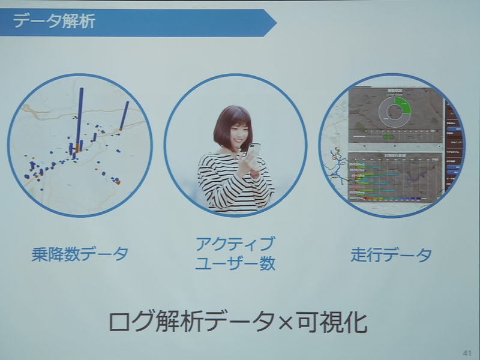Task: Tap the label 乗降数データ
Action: [x=80, y=254]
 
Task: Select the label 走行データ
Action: [x=391, y=255]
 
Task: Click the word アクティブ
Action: [x=235, y=244]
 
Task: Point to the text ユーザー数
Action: [x=235, y=263]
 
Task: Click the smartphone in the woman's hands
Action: [x=253, y=152]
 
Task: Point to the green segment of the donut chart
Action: [x=404, y=107]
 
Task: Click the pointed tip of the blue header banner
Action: [x=274, y=23]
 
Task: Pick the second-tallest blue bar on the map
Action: [x=124, y=115]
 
